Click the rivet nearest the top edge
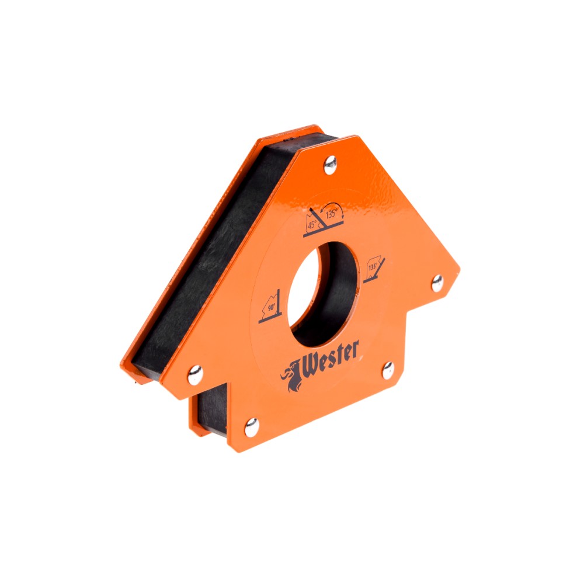pos(330,165)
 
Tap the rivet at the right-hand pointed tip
pos(437,283)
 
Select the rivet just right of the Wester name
pos(388,371)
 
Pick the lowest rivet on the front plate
pos(251,427)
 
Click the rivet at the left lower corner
pos(195,375)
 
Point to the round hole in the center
pos(324,294)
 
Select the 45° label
pos(312,225)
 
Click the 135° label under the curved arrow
pos(332,214)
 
